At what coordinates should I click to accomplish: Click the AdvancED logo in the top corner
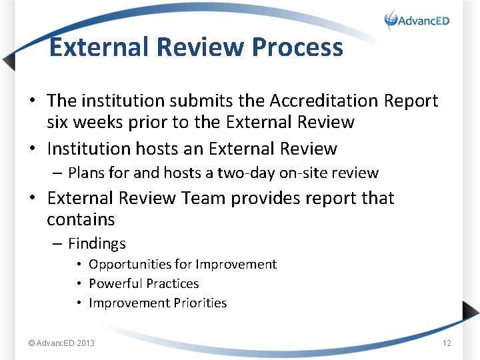(417, 20)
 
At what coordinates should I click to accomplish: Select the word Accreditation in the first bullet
(324, 101)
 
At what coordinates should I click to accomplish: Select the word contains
(81, 219)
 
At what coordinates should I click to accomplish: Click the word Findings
(97, 244)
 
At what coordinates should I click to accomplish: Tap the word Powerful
(115, 283)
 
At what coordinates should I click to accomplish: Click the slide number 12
(447, 343)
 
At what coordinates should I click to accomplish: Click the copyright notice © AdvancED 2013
(61, 343)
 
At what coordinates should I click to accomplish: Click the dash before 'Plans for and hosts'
(58, 173)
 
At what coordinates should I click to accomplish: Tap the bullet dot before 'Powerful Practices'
(79, 284)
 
